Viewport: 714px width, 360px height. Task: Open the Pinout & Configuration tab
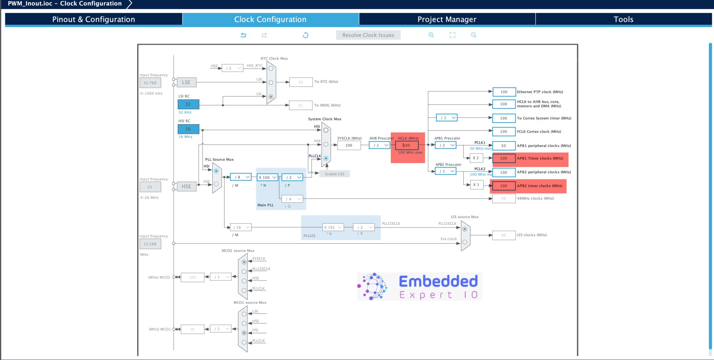click(93, 19)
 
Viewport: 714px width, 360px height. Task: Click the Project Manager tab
click(447, 19)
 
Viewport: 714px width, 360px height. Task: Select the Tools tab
click(623, 19)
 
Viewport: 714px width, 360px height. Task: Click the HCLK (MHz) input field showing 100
click(407, 145)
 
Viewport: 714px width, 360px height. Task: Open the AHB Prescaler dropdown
click(380, 145)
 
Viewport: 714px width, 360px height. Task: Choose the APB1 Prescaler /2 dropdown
click(446, 145)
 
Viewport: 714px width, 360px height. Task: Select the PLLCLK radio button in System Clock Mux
click(326, 158)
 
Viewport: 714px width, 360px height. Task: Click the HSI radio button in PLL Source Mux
click(216, 171)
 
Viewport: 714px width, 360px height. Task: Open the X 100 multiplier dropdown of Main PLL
click(267, 177)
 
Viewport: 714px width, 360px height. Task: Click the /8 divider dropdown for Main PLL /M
click(241, 177)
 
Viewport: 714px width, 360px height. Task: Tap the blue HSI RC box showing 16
click(188, 129)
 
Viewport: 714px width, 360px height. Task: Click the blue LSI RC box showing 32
click(188, 104)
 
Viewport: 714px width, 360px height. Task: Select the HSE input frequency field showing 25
click(150, 187)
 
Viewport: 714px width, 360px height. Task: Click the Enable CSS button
click(334, 174)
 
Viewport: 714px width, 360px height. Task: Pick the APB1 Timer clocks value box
click(504, 158)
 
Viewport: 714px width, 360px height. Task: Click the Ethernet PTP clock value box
click(504, 92)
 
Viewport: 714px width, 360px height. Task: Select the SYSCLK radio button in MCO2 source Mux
click(244, 262)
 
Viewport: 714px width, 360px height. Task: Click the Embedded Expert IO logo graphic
click(419, 286)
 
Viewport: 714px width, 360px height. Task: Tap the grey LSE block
click(186, 82)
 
